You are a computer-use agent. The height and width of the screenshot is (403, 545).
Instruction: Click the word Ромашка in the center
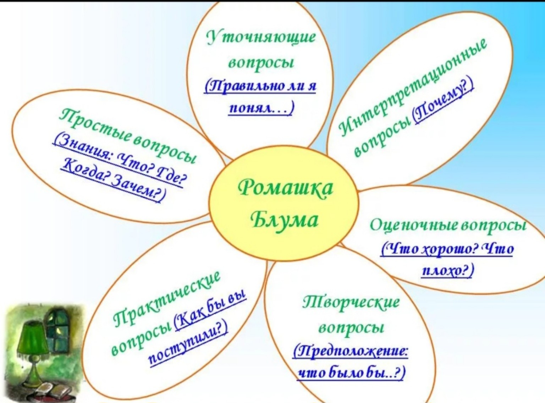coord(285,187)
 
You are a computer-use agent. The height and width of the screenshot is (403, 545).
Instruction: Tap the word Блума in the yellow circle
coord(285,220)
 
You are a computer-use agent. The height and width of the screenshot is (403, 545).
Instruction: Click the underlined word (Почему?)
coord(444,101)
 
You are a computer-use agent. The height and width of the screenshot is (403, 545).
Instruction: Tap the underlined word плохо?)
coord(447,271)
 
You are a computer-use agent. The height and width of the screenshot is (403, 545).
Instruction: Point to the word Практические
coord(167,299)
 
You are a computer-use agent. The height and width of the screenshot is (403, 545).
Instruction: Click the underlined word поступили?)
coord(188,343)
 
